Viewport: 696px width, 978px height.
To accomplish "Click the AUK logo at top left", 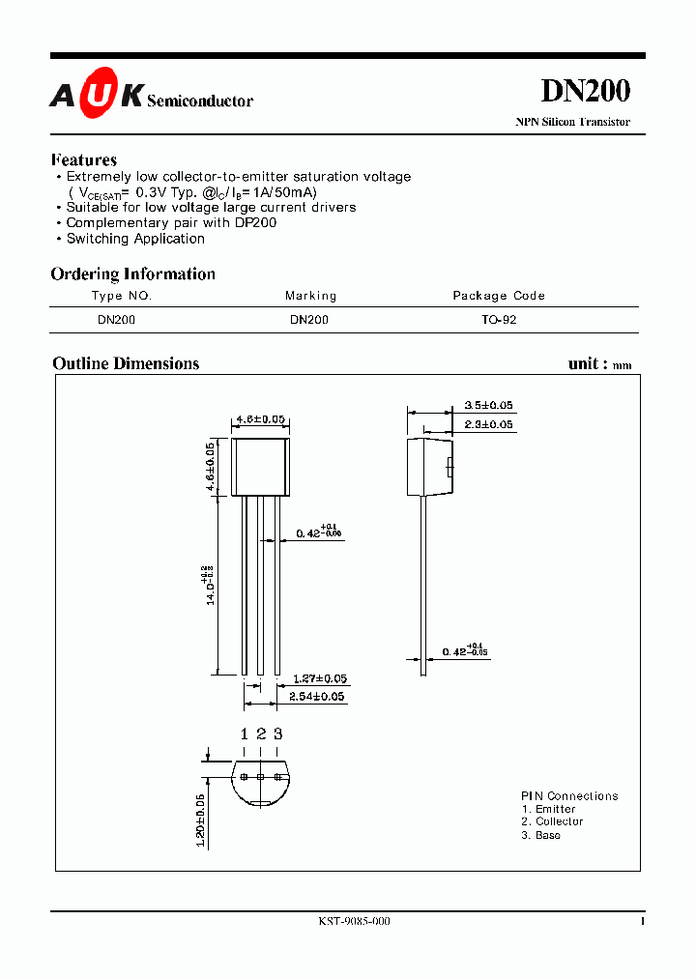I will pyautogui.click(x=97, y=95).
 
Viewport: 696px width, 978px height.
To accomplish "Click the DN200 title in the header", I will pyautogui.click(x=585, y=91).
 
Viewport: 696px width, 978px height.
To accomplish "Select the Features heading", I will pyautogui.click(x=84, y=160).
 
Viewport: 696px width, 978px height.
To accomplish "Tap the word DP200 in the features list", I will pyautogui.click(x=255, y=223).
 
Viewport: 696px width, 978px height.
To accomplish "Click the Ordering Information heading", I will pyautogui.click(x=133, y=274).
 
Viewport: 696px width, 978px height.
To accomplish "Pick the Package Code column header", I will pyautogui.click(x=499, y=296).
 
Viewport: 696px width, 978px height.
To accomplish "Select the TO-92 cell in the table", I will pyautogui.click(x=499, y=320).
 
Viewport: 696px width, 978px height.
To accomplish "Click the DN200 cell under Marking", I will pyautogui.click(x=309, y=320).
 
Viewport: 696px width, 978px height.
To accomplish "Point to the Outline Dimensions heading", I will pyautogui.click(x=126, y=364).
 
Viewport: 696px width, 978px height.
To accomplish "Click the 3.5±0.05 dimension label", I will pyautogui.click(x=488, y=406).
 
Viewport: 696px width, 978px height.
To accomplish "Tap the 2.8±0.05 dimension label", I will pyautogui.click(x=488, y=425).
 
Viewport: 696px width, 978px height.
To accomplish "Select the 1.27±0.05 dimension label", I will pyautogui.click(x=319, y=678).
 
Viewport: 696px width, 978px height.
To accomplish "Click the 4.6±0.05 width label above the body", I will pyautogui.click(x=260, y=419).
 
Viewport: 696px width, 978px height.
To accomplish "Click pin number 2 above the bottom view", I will pyautogui.click(x=261, y=734).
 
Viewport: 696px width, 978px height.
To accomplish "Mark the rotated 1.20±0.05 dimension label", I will pyautogui.click(x=201, y=820).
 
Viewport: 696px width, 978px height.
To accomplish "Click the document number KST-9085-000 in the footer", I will pyautogui.click(x=354, y=922).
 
